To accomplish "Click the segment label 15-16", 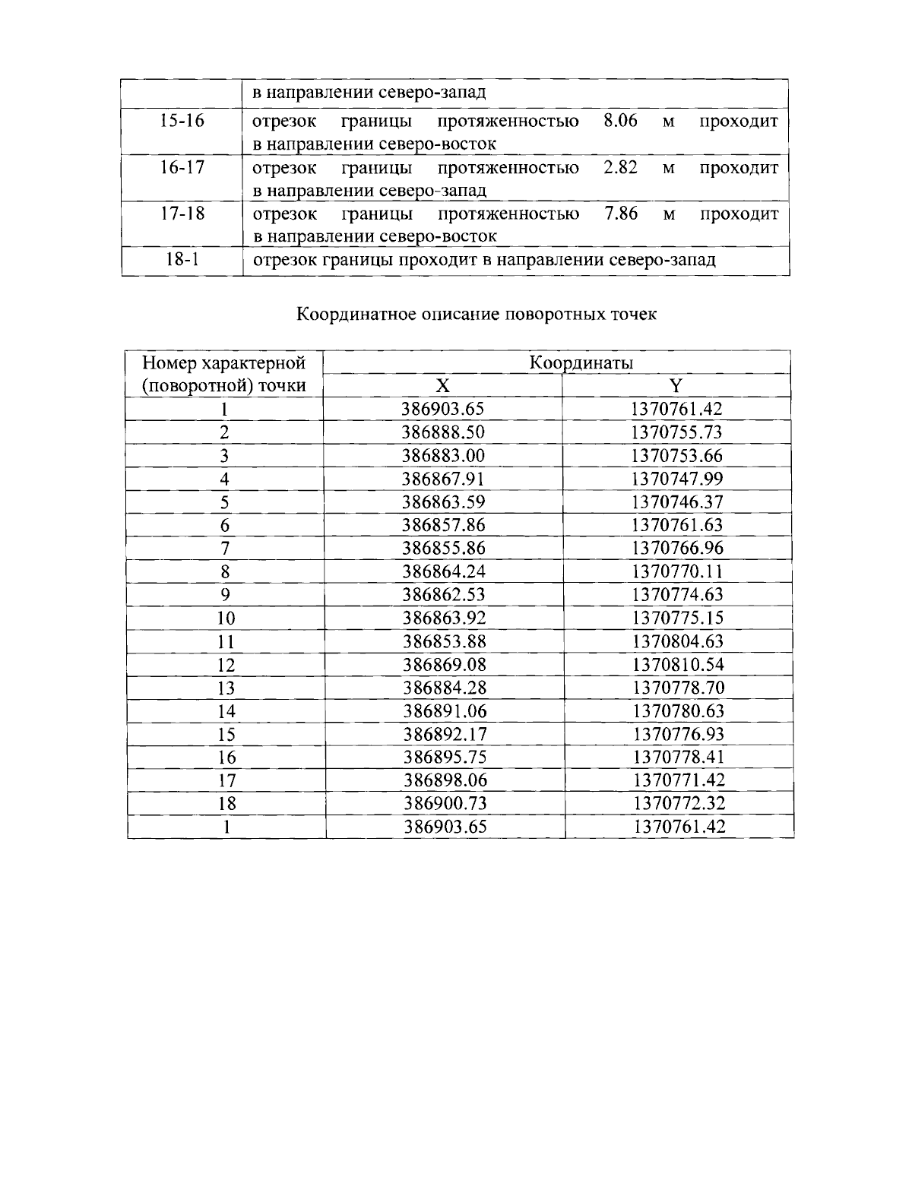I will tap(182, 121).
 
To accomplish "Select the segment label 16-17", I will tap(182, 167).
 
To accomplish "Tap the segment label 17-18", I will tap(182, 214).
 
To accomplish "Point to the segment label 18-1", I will tap(182, 260).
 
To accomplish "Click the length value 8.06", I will tap(620, 121).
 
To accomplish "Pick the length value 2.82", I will tap(620, 167).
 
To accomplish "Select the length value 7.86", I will tap(620, 214).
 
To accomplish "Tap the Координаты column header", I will tap(581, 362).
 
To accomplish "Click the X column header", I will tap(442, 386).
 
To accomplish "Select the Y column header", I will tap(676, 386).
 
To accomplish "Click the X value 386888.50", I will tap(443, 432).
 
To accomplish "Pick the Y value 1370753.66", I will tap(676, 456).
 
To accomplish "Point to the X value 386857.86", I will tap(443, 525).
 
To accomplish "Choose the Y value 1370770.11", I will tap(676, 571).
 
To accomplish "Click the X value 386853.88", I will tap(443, 641).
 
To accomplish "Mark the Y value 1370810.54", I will tap(676, 665).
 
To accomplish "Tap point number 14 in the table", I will tap(226, 711).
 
